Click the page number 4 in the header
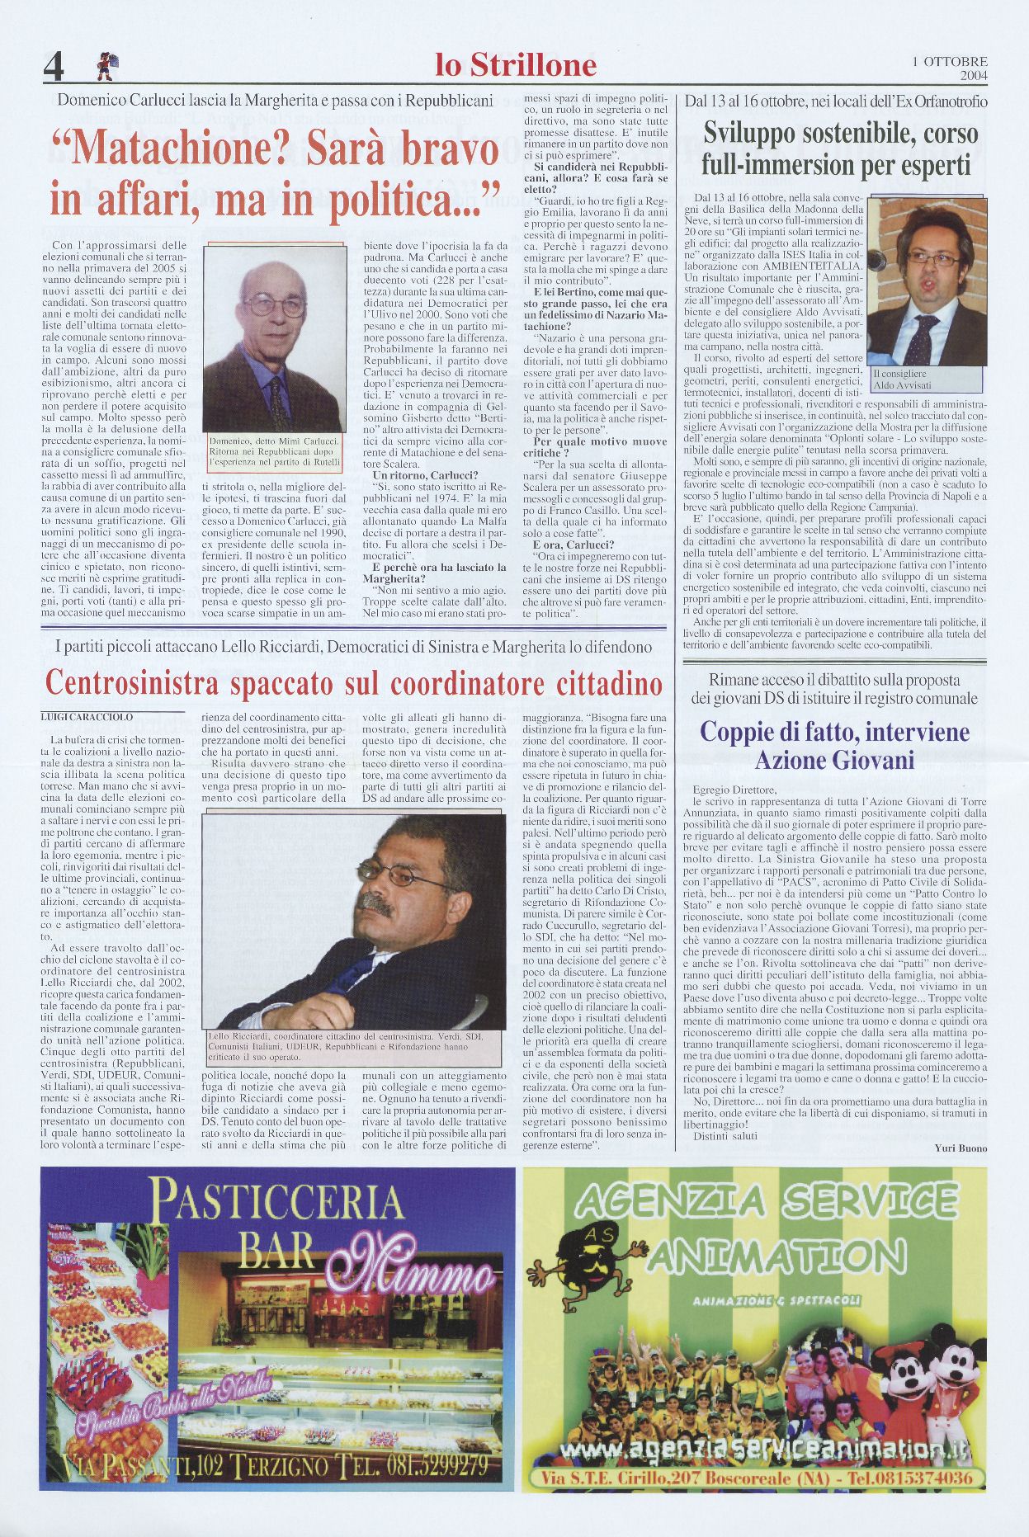[x=54, y=66]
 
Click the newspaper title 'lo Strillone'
[x=516, y=65]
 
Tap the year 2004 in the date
[x=974, y=76]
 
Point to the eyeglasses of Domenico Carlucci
[x=275, y=306]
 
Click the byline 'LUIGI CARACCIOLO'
[x=87, y=717]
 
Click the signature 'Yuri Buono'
[x=961, y=1148]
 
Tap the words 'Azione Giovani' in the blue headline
[x=823, y=759]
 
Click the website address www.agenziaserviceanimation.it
[x=756, y=1450]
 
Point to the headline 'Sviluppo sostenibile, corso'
[x=840, y=134]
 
